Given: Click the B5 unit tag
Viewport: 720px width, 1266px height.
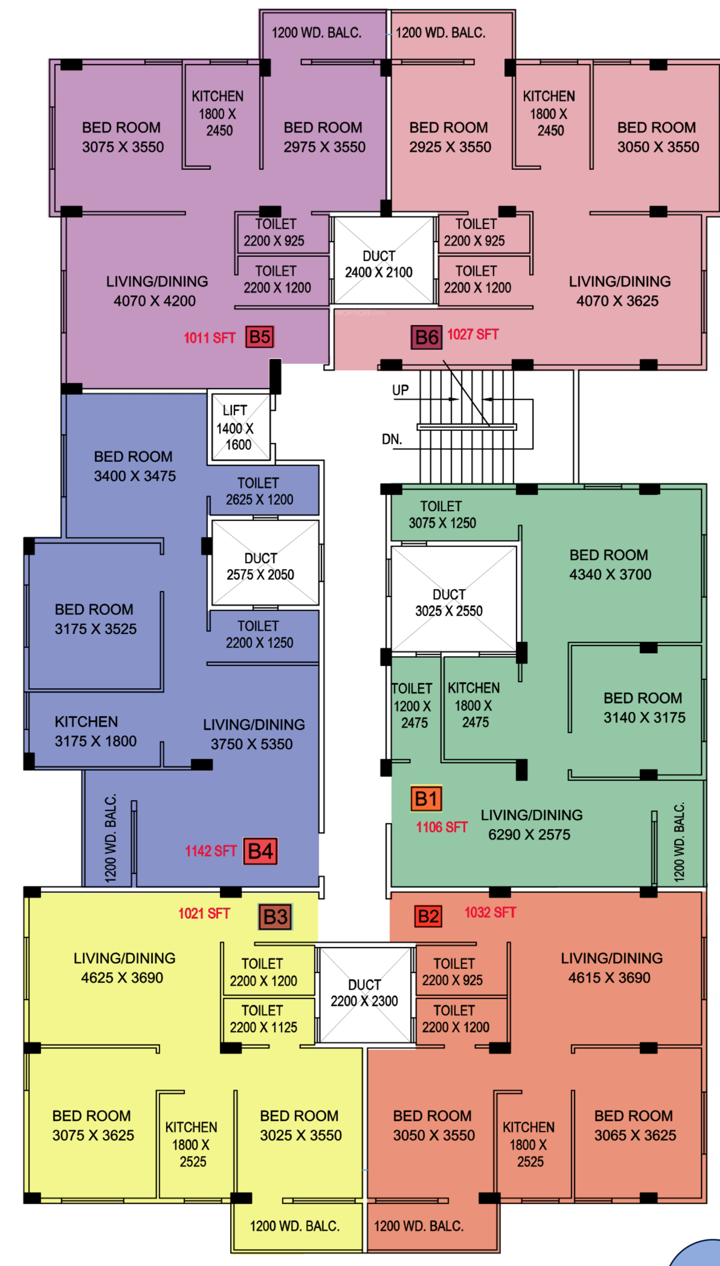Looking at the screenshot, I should click(259, 337).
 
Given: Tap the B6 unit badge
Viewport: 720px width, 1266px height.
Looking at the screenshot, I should click(426, 337).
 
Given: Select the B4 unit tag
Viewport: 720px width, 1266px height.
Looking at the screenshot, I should click(261, 851).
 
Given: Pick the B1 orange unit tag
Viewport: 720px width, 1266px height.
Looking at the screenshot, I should click(426, 799).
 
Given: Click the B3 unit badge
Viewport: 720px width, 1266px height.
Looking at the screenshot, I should click(275, 917).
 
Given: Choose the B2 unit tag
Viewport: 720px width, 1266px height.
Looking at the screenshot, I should click(428, 916).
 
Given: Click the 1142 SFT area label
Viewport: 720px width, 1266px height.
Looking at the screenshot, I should click(210, 851).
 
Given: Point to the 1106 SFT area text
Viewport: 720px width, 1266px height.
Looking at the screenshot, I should click(442, 827).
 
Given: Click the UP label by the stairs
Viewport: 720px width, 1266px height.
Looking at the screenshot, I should click(400, 390).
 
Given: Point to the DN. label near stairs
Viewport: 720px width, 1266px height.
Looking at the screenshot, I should click(392, 439).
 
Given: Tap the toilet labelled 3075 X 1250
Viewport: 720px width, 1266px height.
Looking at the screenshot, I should click(442, 515).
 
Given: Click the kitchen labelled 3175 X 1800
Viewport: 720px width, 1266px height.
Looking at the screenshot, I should click(96, 731).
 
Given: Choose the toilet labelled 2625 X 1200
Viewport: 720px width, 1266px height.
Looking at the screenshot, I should click(259, 491).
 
